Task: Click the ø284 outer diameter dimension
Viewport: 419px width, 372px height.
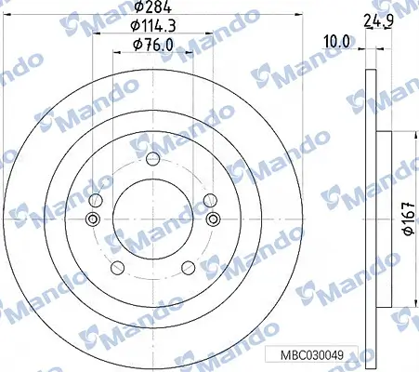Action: pyautogui.click(x=153, y=7)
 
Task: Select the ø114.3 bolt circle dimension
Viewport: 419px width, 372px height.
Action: pyautogui.click(x=153, y=26)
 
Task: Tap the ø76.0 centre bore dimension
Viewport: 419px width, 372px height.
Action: pyautogui.click(x=152, y=46)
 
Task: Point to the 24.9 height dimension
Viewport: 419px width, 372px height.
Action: pyautogui.click(x=379, y=21)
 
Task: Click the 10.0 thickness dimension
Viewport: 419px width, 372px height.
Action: pyautogui.click(x=336, y=42)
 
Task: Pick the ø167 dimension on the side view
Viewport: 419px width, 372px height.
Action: pyautogui.click(x=410, y=219)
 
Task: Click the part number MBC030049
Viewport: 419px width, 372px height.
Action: pyautogui.click(x=312, y=355)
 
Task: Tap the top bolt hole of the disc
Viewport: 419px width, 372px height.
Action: pyautogui.click(x=152, y=159)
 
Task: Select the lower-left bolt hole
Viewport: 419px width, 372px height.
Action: pyautogui.click(x=117, y=268)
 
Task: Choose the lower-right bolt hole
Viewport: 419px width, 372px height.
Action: pyautogui.click(x=189, y=268)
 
